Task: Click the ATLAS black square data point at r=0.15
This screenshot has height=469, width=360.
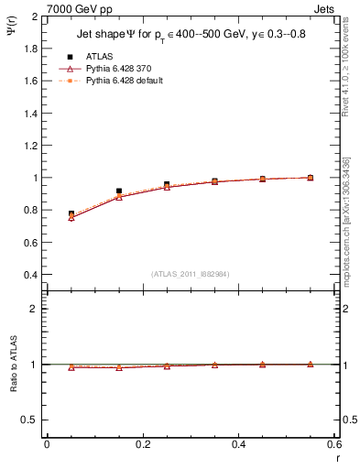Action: coord(119,191)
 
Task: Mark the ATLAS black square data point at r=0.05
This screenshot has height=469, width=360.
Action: coord(71,213)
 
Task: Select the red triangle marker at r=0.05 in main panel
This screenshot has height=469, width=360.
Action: coord(71,218)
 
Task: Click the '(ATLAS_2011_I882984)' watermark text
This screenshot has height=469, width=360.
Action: coord(191,273)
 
